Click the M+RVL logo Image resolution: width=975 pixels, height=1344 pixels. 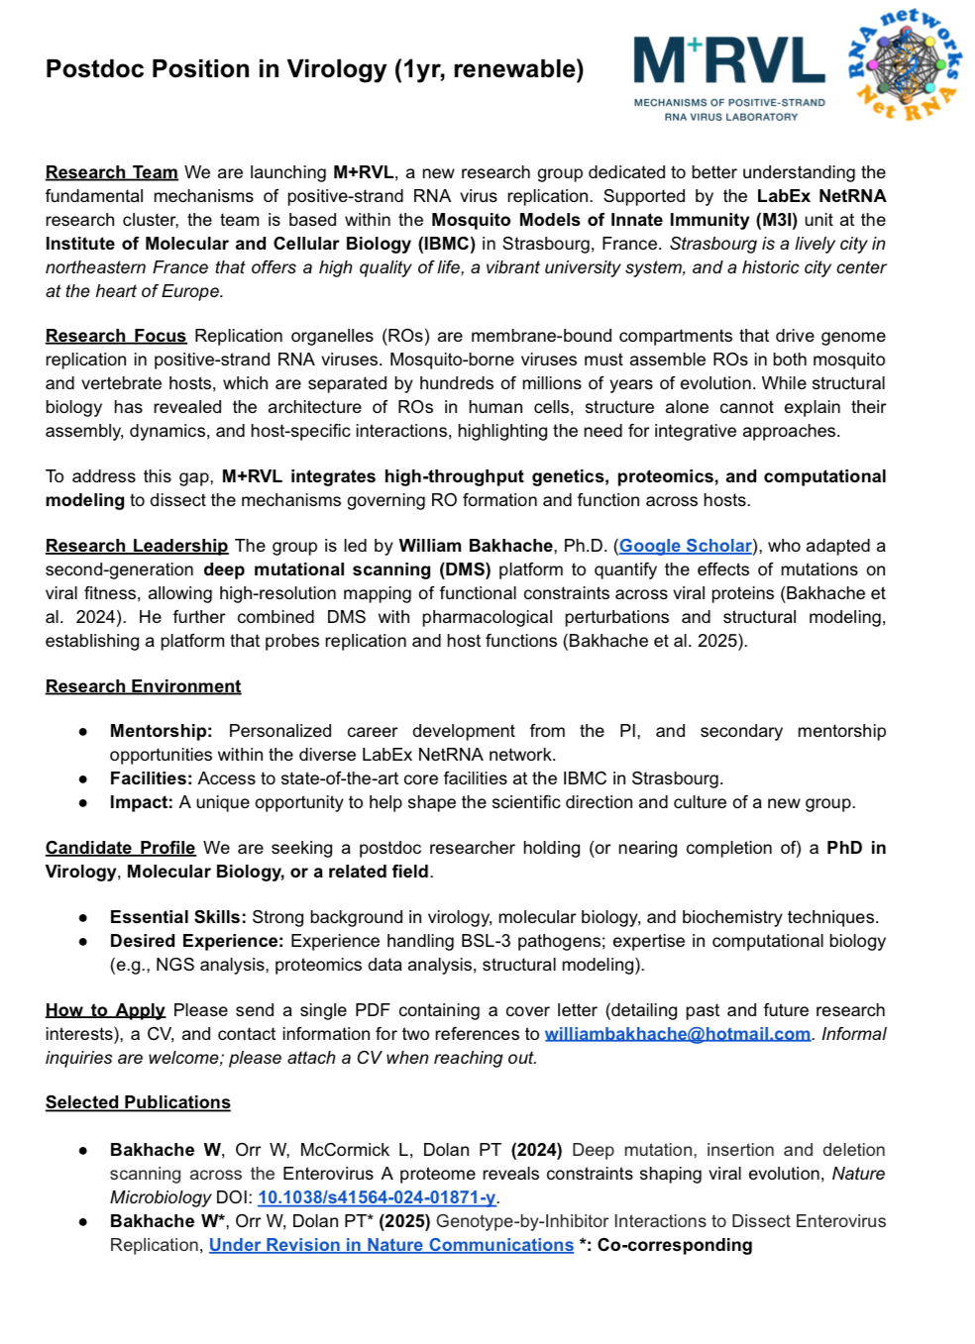(729, 76)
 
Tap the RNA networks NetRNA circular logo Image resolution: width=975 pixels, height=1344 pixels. (904, 64)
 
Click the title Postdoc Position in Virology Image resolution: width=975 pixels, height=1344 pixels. (314, 69)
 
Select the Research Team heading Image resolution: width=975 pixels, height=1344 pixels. (111, 172)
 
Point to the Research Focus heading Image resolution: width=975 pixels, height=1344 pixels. (115, 336)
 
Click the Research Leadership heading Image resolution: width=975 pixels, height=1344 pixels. (136, 546)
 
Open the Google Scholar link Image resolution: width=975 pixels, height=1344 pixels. (685, 546)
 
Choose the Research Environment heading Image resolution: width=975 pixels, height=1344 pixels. (143, 686)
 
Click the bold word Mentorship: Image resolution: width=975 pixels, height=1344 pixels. (161, 731)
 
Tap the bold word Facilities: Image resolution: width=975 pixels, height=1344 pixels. (153, 778)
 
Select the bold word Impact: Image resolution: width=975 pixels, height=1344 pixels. (141, 802)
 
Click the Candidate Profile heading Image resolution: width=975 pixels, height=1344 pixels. (120, 848)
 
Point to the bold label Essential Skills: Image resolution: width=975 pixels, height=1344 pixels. (177, 917)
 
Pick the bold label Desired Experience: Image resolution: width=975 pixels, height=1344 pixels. (196, 941)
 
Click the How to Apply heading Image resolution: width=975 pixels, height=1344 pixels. (105, 1010)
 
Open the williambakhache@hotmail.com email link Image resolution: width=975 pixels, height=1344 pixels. (677, 1034)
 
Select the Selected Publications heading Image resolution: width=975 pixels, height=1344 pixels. (138, 1102)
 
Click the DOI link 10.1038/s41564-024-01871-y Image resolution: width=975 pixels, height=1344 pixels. (377, 1197)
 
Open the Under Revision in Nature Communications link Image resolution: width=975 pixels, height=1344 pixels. (391, 1245)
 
